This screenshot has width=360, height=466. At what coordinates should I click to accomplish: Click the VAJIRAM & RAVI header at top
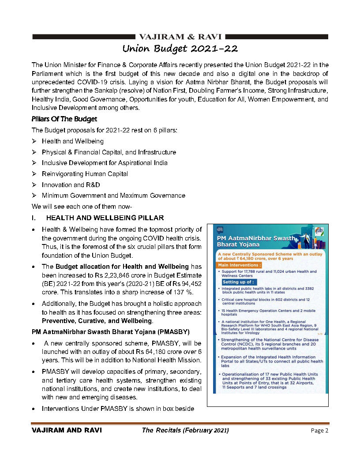pyautogui.click(x=180, y=37)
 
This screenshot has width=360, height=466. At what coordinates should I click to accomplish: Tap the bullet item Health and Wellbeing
pyautogui.click(x=73, y=141)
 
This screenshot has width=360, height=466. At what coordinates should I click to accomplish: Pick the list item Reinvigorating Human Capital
pyautogui.click(x=85, y=174)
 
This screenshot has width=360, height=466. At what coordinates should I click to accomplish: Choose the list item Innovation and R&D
pyautogui.click(x=71, y=184)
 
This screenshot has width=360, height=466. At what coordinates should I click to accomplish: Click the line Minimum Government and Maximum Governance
pyautogui.click(x=113, y=195)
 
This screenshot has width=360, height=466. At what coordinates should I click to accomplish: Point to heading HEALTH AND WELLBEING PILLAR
pyautogui.click(x=105, y=218)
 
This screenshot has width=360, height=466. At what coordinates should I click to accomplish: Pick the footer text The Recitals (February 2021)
pyautogui.click(x=185, y=431)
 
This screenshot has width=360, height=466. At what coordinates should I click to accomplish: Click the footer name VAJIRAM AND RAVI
pyautogui.click(x=67, y=431)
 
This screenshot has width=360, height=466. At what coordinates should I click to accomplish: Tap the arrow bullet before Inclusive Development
pyautogui.click(x=35, y=163)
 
